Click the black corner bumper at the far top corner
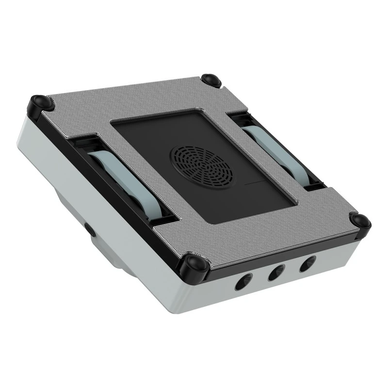211,80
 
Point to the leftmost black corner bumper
39,103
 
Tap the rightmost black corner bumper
359,221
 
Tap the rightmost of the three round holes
306,265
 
